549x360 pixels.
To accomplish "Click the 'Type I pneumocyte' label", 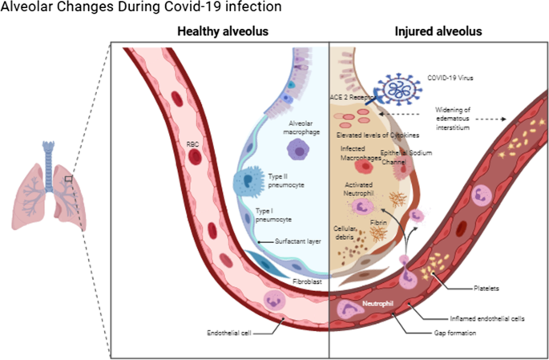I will click(274, 215).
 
